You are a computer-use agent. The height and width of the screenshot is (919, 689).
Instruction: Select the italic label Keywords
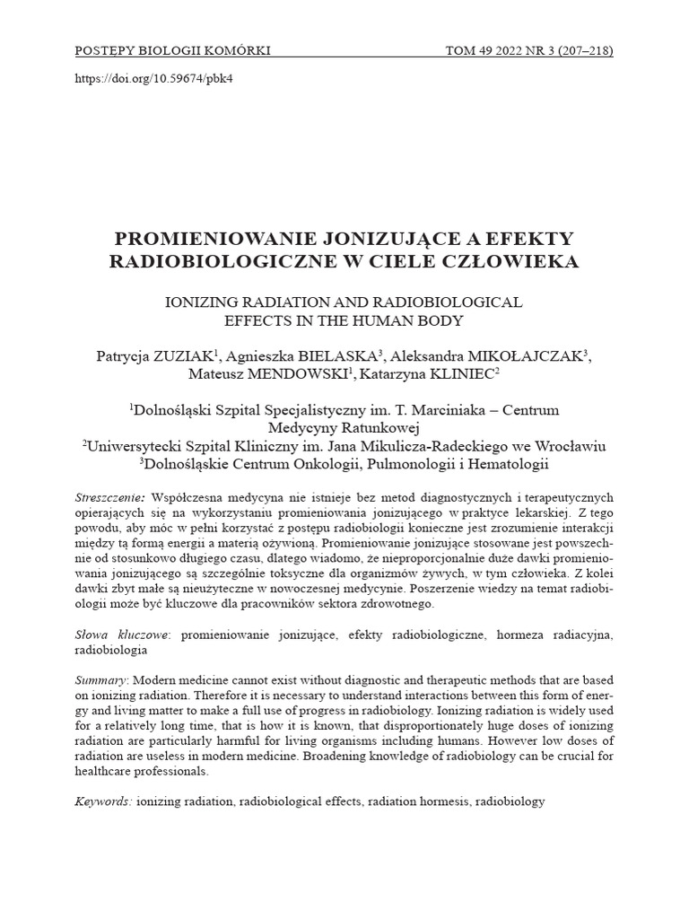coord(102,801)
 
